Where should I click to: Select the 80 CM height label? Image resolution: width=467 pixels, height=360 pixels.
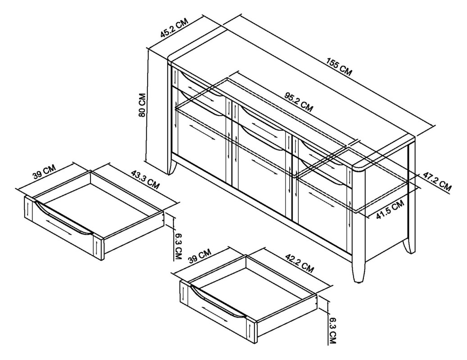pyautogui.click(x=142, y=105)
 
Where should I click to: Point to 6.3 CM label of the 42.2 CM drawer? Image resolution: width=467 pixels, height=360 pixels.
pyautogui.click(x=333, y=329)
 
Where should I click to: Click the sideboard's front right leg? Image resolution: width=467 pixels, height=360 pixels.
pyautogui.click(x=358, y=270)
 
